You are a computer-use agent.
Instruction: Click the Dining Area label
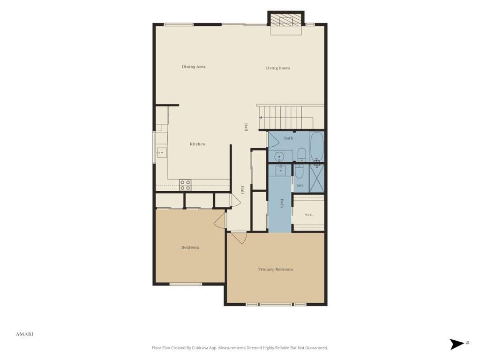point(194,67)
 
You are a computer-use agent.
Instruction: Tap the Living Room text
point(277,68)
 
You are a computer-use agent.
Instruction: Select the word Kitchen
point(197,144)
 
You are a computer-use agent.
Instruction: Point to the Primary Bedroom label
point(275,270)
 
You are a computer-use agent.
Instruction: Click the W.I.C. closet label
point(308,215)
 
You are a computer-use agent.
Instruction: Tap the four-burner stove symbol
point(185,185)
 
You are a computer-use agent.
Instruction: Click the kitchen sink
point(162,152)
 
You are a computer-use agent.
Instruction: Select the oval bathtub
point(317,147)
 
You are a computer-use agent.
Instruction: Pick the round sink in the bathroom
point(279,157)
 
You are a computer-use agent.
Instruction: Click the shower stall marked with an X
point(316,179)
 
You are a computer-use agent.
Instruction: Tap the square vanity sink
point(280,170)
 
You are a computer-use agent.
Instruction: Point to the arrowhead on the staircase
point(261,117)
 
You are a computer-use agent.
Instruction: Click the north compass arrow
point(457,344)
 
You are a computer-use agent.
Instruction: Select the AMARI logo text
point(25,334)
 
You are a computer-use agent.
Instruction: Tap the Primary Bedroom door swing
point(240,238)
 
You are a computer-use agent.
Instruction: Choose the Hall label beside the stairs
point(246,127)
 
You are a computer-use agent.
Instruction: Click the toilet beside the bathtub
point(301,155)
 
